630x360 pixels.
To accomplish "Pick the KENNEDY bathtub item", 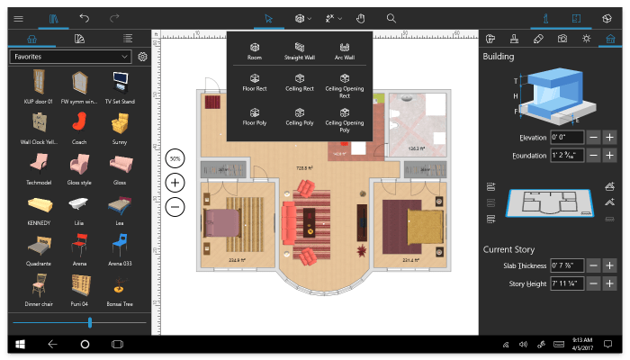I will tap(39, 204).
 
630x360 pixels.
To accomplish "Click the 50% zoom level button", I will tap(175, 158).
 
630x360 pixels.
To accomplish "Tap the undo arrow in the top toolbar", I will tap(85, 17).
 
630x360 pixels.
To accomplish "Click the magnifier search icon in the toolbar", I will tap(391, 17).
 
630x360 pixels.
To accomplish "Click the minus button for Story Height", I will tap(593, 283).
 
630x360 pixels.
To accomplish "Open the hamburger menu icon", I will tap(19, 17).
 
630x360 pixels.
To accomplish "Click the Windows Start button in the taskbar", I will tap(18, 345).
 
